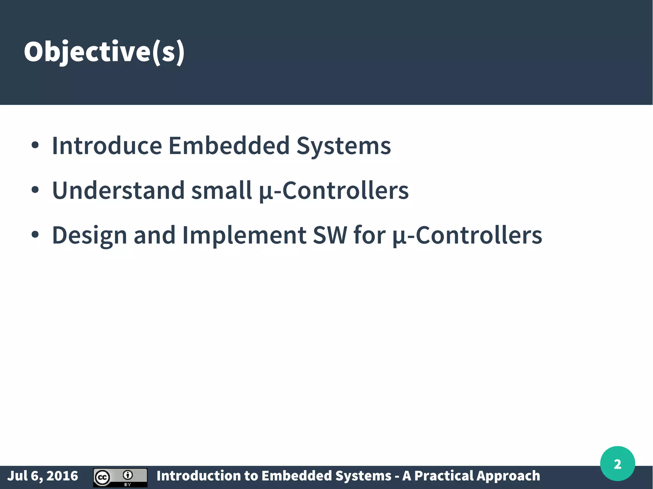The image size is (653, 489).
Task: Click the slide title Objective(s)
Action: (104, 52)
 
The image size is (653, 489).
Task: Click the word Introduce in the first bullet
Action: (107, 146)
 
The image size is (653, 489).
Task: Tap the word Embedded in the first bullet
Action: (229, 146)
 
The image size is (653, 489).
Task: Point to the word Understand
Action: (118, 191)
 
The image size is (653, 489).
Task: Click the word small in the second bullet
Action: (222, 191)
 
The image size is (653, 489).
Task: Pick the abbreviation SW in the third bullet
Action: (330, 235)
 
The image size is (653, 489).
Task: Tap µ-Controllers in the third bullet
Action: (467, 235)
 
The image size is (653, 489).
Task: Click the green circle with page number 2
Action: (617, 464)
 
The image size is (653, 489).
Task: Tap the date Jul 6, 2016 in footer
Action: (42, 476)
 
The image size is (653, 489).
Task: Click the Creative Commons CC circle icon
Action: (102, 478)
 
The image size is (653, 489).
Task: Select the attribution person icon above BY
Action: (128, 475)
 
